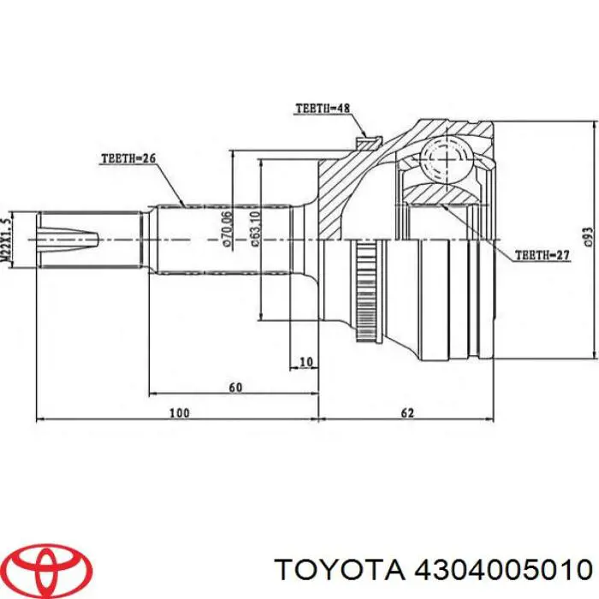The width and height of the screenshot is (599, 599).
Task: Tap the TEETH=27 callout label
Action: (542, 255)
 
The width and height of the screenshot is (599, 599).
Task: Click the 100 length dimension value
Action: (177, 413)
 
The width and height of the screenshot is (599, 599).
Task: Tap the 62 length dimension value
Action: (406, 413)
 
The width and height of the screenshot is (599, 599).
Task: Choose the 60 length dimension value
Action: (235, 388)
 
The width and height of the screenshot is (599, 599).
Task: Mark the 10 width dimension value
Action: (305, 362)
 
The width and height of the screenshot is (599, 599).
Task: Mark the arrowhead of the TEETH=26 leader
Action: (184, 205)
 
